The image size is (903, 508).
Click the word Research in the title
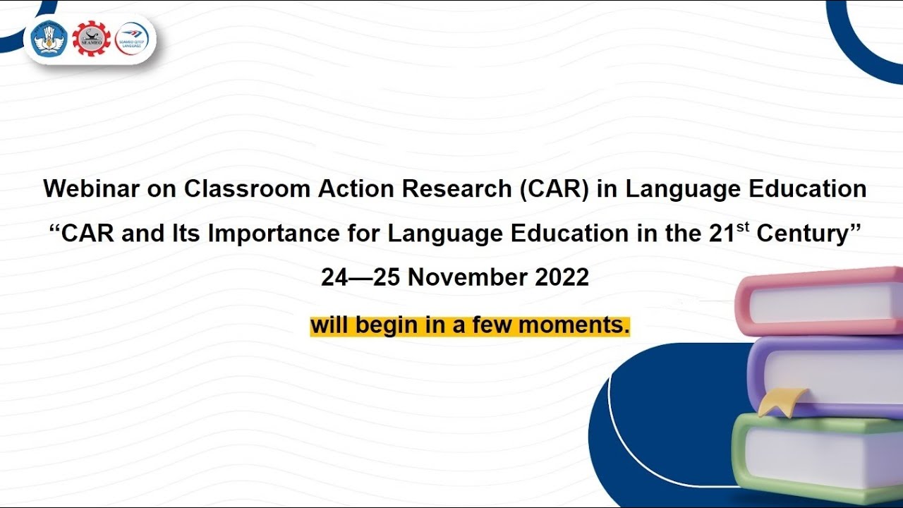pyautogui.click(x=451, y=189)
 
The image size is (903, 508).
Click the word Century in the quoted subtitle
pyautogui.click(x=804, y=234)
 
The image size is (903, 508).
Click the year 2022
pyautogui.click(x=562, y=277)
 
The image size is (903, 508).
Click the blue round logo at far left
pyautogui.click(x=49, y=39)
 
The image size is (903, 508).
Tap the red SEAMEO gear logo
pyautogui.click(x=91, y=39)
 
